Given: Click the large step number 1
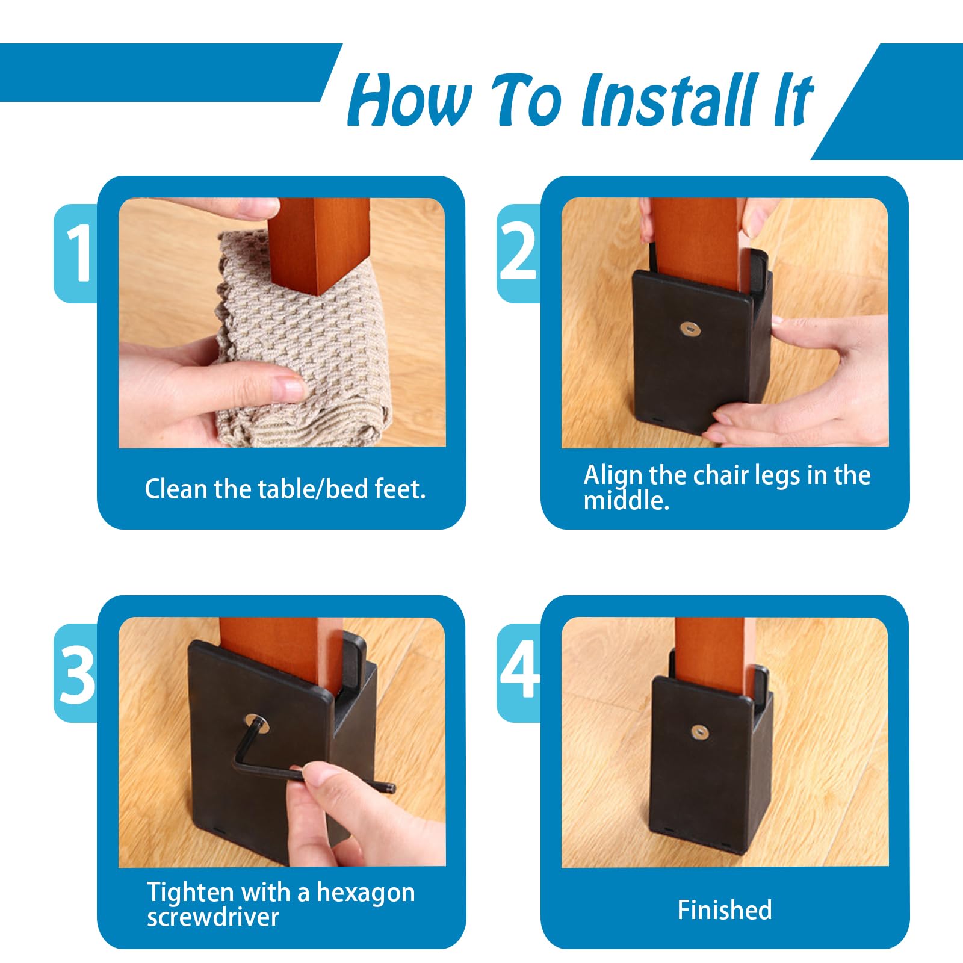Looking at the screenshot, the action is coord(78,253).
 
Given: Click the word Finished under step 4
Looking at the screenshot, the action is coord(725,909).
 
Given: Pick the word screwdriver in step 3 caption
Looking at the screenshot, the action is coord(213,917).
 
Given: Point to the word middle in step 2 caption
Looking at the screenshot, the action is coord(625,501).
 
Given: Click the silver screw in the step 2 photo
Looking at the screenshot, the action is coord(687,329).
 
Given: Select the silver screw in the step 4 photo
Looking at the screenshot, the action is coord(699,732).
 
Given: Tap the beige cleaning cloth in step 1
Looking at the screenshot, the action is coord(301,343).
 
